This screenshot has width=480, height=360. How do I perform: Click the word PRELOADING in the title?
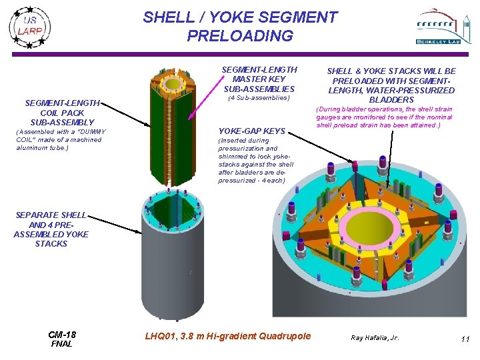point(240,36)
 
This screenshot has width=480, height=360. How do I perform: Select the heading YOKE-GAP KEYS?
point(251,131)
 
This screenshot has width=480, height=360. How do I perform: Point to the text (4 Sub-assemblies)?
point(259,98)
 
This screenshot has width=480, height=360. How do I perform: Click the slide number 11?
point(465,339)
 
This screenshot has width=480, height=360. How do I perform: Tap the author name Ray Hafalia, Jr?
point(375,338)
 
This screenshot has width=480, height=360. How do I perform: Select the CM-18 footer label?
point(62,335)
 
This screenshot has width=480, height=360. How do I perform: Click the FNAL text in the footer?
point(62,344)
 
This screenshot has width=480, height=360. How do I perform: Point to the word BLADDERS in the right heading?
point(391,100)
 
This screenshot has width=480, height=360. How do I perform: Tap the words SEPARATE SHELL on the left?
point(51,215)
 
